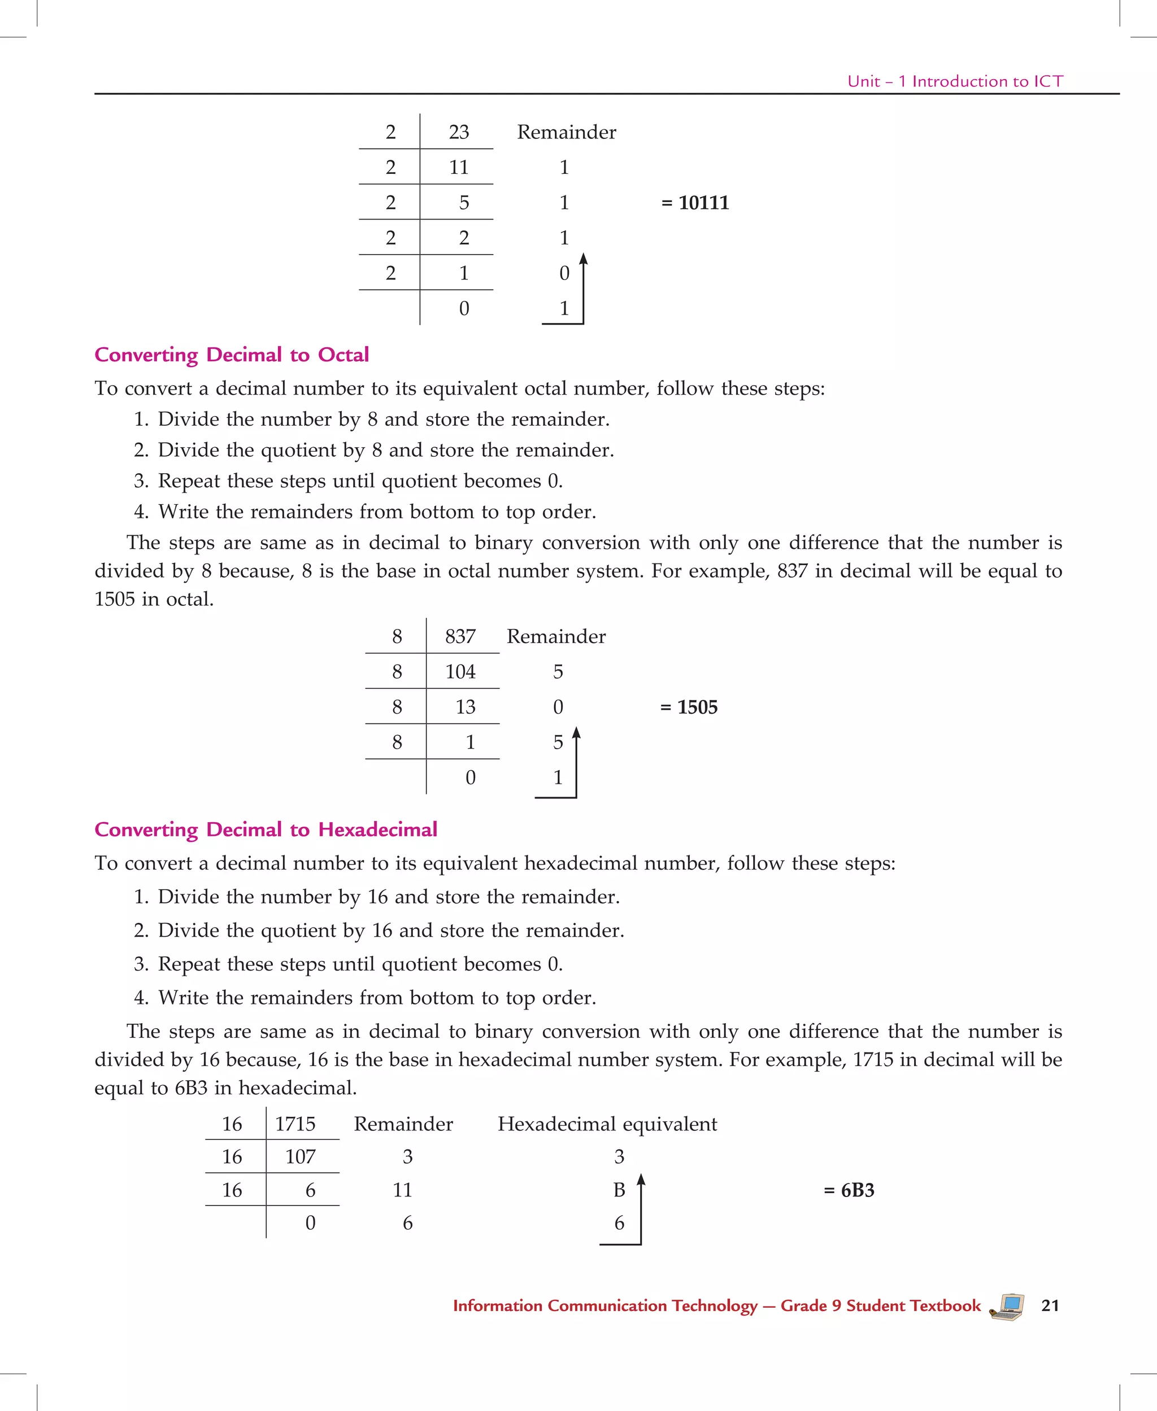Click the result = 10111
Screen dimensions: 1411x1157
[695, 203]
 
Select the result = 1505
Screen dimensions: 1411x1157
[689, 707]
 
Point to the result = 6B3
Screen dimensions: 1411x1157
[849, 1190]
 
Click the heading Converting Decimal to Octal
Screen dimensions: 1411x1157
[231, 355]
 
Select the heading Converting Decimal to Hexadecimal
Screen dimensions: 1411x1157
[266, 829]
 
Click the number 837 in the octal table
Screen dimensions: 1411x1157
[460, 636]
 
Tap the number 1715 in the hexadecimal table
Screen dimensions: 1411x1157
[295, 1124]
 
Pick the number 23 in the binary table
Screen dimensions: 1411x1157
[459, 132]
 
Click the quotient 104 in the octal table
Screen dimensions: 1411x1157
[460, 671]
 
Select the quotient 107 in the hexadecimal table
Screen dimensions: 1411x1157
[300, 1156]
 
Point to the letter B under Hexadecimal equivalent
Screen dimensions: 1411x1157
[619, 1190]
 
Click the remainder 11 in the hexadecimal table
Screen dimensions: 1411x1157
[403, 1190]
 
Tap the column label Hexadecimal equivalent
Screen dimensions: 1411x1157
[607, 1124]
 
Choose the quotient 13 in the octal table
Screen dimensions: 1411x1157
[465, 707]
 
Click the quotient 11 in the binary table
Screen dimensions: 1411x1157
[459, 167]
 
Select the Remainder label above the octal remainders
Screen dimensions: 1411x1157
[556, 636]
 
